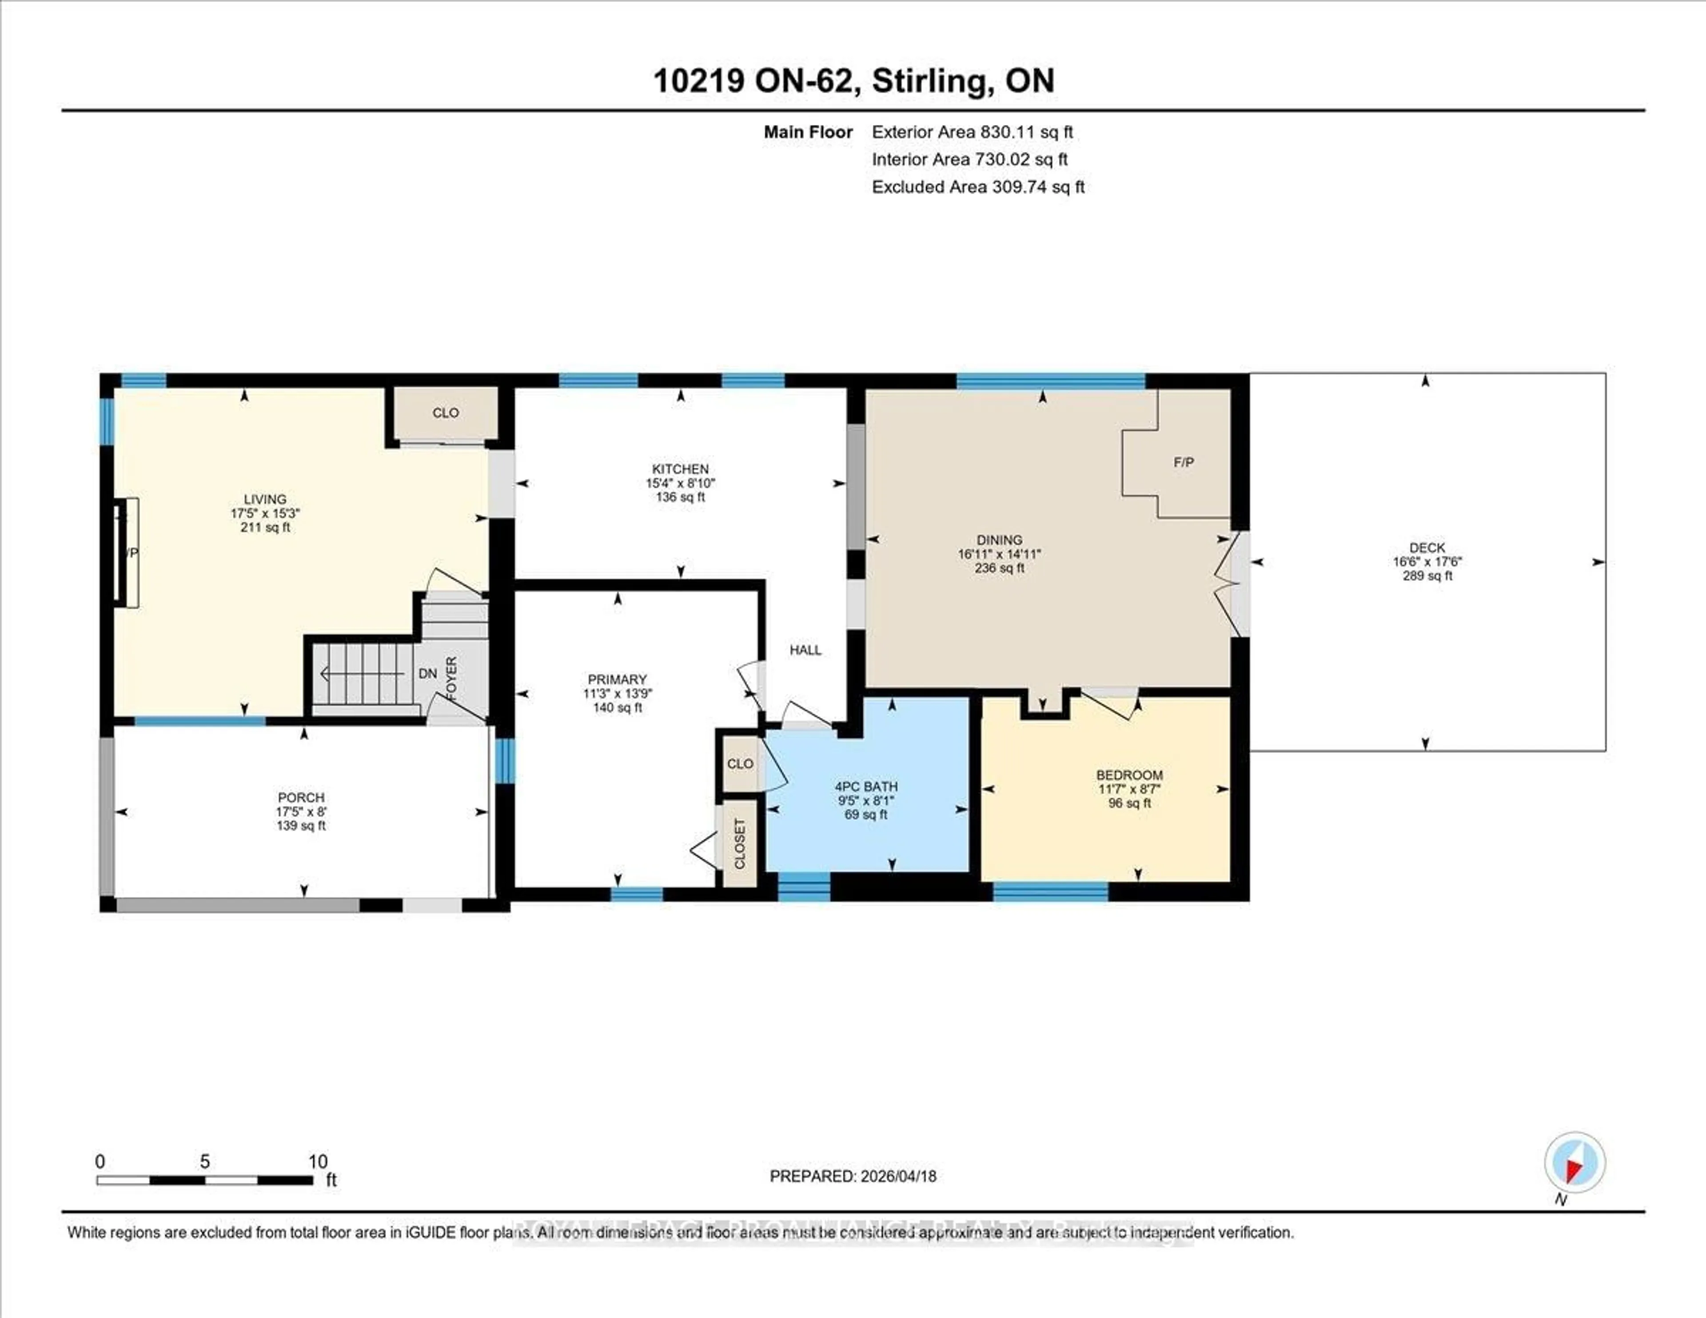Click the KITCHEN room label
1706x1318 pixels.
pyautogui.click(x=680, y=469)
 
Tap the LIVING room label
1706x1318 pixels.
pyautogui.click(x=265, y=499)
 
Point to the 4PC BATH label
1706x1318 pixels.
pyautogui.click(x=865, y=787)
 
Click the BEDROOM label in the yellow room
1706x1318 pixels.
pyautogui.click(x=1129, y=775)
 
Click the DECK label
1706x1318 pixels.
pyautogui.click(x=1427, y=547)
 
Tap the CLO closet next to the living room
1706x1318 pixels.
pyautogui.click(x=445, y=412)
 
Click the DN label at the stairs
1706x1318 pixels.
pyautogui.click(x=427, y=674)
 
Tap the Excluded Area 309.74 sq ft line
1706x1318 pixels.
pyautogui.click(x=978, y=187)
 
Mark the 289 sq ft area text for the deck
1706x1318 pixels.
pyautogui.click(x=1427, y=576)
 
